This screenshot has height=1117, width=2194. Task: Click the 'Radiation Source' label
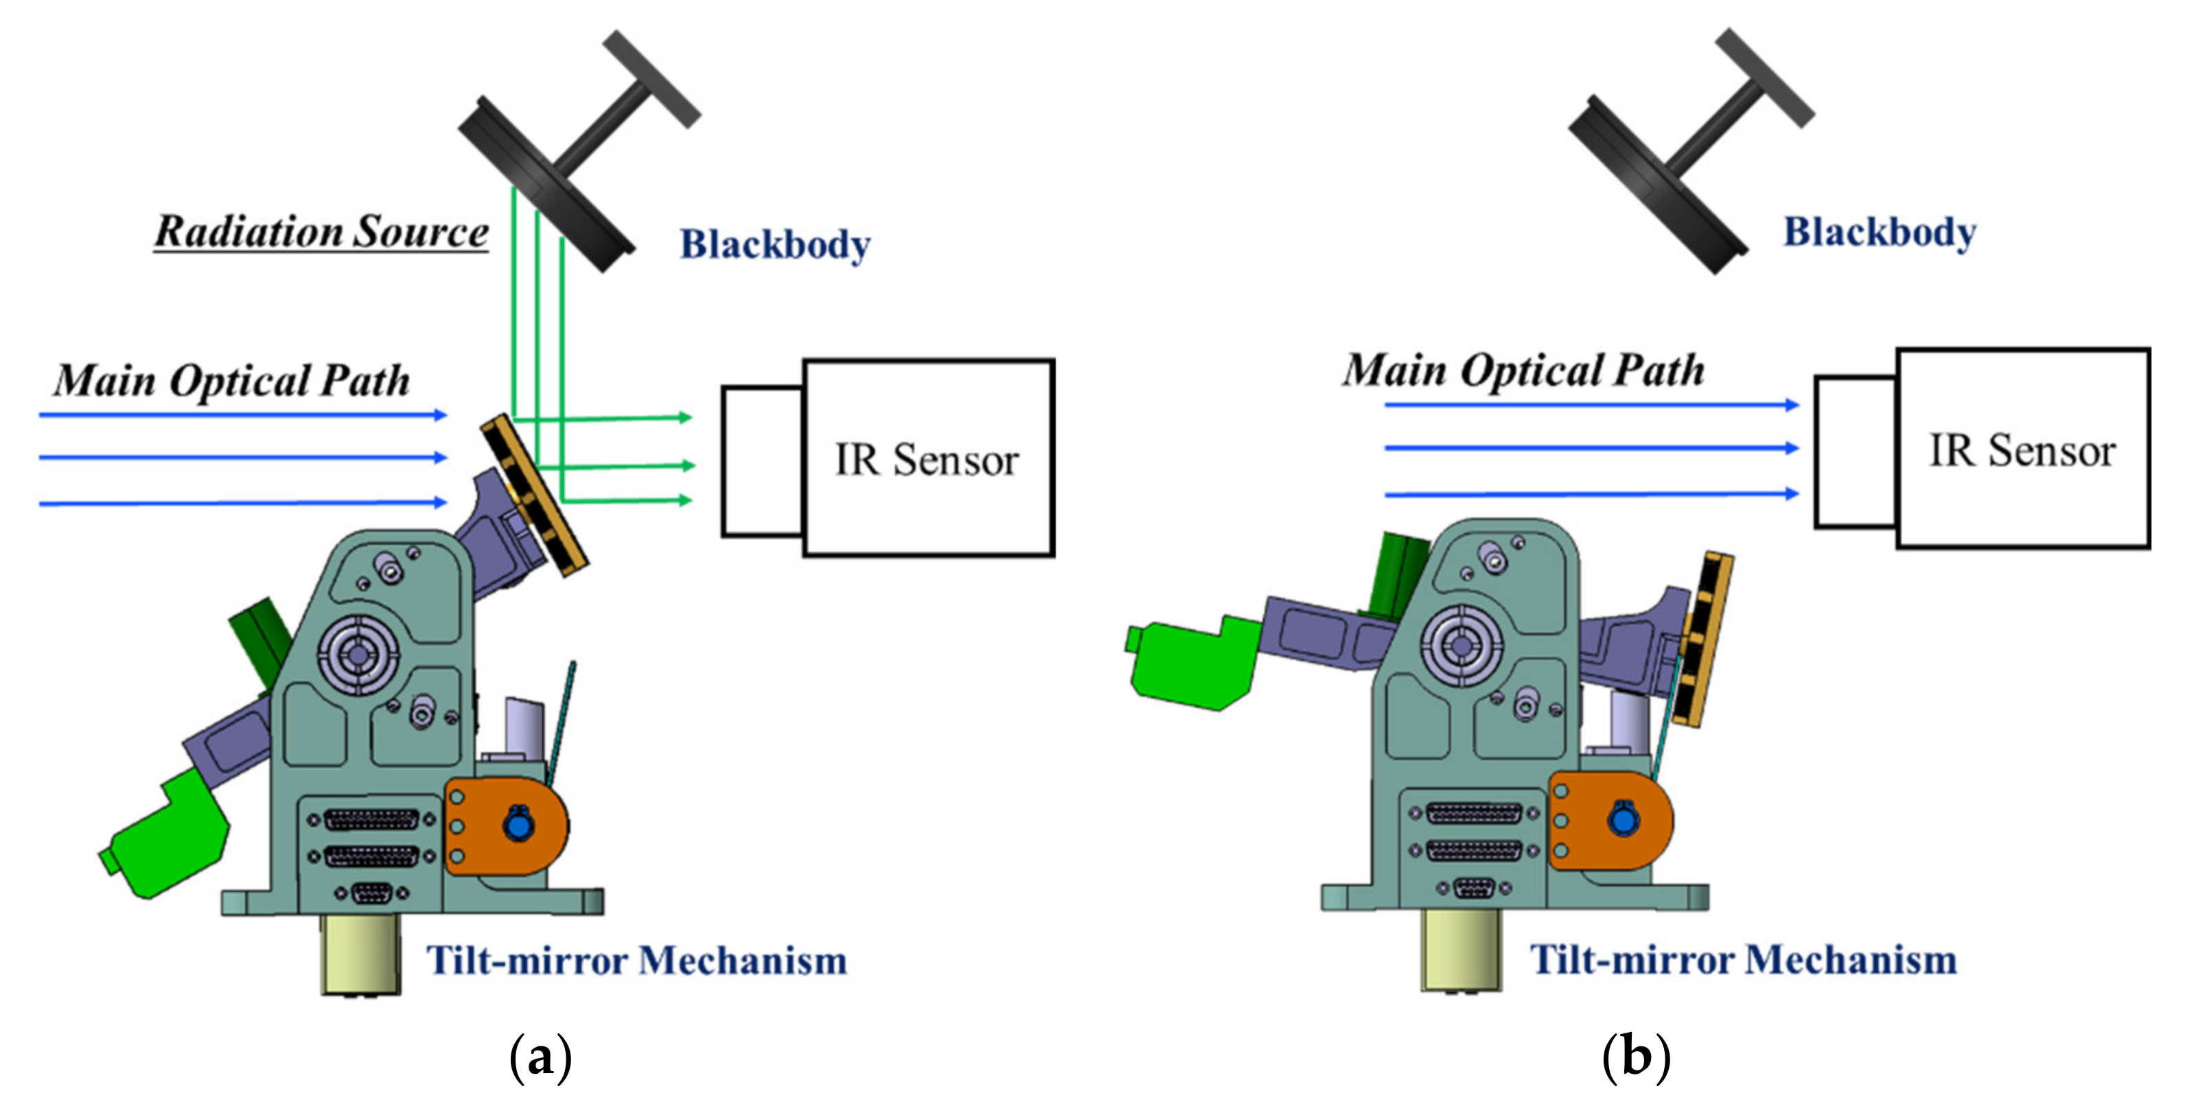pos(321,232)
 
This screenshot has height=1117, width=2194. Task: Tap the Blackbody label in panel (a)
pos(774,244)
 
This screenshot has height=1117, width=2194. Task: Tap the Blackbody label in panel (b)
pos(1879,232)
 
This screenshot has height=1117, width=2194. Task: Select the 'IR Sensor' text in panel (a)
pos(927,460)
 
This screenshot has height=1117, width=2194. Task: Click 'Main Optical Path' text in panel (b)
pos(1523,371)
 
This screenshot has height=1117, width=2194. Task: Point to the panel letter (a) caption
pos(540,1057)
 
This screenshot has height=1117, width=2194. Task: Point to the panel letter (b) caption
pos(1635,1057)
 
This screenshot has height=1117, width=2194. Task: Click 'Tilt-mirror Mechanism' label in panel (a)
pos(636,961)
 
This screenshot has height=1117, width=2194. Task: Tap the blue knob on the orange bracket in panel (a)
pos(518,825)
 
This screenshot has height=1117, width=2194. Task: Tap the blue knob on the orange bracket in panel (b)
pos(1624,820)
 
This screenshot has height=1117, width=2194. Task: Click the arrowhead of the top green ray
pos(684,417)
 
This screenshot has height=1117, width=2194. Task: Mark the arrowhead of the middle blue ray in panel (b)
pos(1791,448)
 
